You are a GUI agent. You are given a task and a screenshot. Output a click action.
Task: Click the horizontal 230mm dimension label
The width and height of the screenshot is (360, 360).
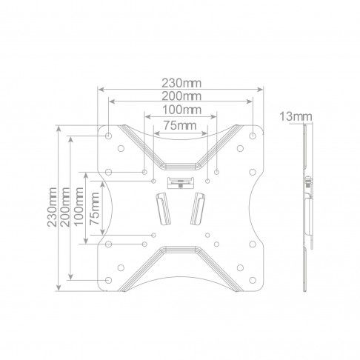tap(181, 83)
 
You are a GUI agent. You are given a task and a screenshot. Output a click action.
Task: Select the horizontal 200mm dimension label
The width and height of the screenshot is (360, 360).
tap(181, 96)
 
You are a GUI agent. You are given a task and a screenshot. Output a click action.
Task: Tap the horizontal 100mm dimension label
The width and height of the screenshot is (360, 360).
tap(182, 110)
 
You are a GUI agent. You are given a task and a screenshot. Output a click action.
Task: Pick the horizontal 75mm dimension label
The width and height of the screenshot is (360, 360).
tap(180, 125)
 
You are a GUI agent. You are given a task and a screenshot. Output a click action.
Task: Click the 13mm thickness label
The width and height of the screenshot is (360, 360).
tap(296, 116)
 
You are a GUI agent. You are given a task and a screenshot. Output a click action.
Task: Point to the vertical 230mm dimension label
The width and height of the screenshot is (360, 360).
tap(53, 207)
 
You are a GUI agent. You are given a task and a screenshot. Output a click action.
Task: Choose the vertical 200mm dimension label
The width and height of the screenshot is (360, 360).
tap(65, 207)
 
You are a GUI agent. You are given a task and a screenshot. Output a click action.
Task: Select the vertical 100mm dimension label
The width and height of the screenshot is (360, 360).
tap(79, 207)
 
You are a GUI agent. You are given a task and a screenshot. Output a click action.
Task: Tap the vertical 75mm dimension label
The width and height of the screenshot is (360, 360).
tap(94, 209)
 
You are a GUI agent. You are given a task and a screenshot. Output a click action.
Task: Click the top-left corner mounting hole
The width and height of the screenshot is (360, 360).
tap(108, 136)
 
